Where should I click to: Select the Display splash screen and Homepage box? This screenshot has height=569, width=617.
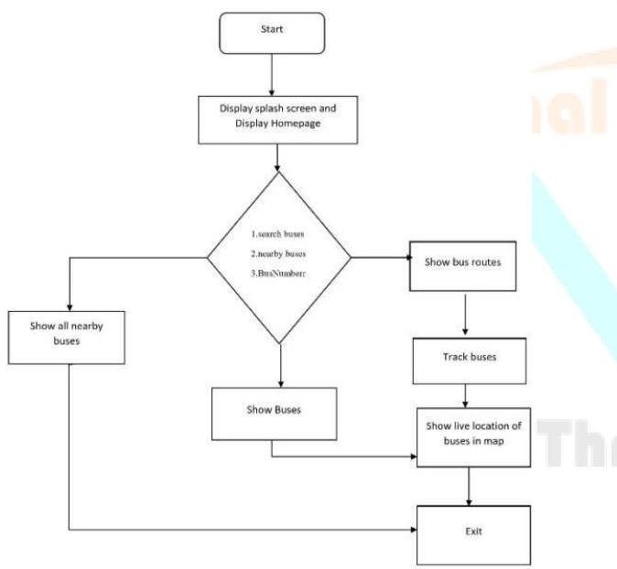coord(273,117)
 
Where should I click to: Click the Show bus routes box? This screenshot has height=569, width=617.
coord(466,263)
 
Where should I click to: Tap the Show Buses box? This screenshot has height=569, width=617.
coord(275,411)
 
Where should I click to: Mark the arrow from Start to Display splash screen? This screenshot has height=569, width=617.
coord(272,73)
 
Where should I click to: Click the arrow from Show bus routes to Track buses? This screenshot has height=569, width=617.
coord(467,313)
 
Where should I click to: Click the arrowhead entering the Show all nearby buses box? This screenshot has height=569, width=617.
coord(70,306)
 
